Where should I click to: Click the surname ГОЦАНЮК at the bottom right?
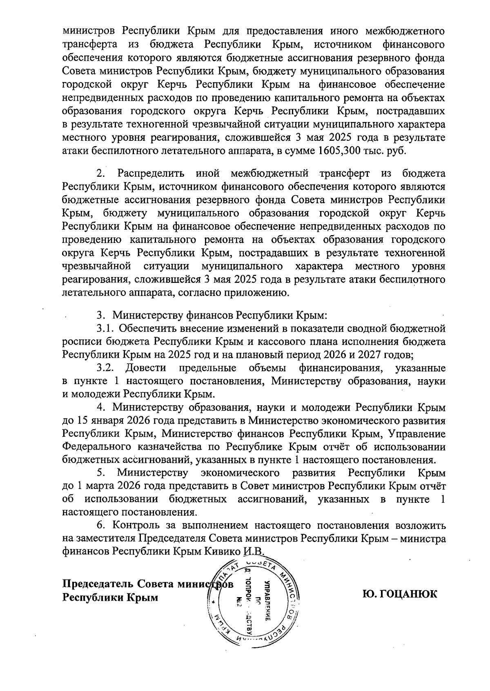pyautogui.click(x=400, y=593)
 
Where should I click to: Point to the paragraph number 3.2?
pyautogui.click(x=105, y=368)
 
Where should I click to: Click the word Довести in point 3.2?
pyautogui.click(x=145, y=368)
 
